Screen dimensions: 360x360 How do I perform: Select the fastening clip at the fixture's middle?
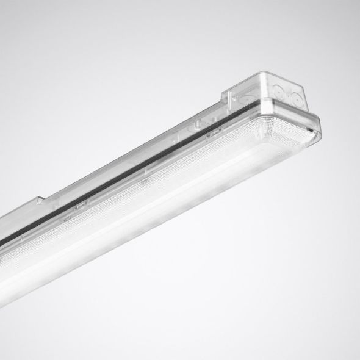[x=145, y=182]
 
